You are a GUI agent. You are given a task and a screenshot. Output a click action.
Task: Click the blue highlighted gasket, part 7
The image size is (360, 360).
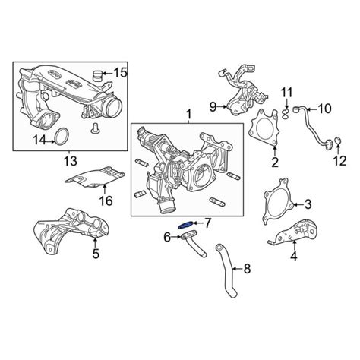pos(186,225)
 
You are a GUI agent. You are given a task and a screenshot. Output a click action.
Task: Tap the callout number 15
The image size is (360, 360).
pos(119,73)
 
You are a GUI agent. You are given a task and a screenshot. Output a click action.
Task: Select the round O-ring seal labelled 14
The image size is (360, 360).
pos(62,137)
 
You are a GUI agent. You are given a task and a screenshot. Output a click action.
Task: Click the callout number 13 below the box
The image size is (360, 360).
pos(70,160)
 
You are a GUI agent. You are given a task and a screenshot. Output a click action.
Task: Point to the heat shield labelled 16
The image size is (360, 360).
pos(95,176)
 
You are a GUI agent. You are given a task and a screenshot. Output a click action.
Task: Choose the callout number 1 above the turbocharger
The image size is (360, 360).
pos(188,115)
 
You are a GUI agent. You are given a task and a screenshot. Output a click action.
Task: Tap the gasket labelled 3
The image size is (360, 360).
pos(278,201)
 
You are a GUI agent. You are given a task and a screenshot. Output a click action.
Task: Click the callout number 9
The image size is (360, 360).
pos(213,107)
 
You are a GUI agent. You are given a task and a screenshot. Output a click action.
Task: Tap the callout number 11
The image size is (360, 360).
pos(286,93)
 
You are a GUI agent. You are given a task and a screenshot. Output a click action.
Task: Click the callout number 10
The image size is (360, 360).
pos(324,109)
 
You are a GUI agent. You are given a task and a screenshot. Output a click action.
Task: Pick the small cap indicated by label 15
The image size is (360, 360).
pos(97,74)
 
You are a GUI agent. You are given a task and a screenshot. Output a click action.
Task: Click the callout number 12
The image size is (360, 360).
pos(339,160)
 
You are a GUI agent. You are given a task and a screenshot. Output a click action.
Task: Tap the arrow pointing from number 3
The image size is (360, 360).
pos(298,204)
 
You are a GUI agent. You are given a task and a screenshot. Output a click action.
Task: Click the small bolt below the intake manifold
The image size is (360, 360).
pos(94,128)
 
